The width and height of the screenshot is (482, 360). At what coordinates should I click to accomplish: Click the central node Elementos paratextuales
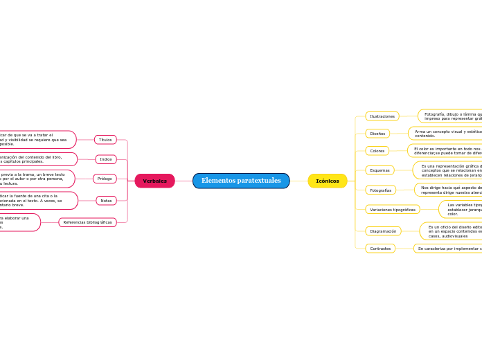tap(241, 181)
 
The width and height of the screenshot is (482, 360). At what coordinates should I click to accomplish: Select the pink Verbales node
tap(154, 181)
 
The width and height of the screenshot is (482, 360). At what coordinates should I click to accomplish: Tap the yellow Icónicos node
tap(328, 181)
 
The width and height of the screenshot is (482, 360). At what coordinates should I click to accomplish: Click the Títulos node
tap(105, 140)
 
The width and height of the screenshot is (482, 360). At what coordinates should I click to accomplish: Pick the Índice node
tap(105, 159)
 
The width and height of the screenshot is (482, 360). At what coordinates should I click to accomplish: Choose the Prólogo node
tap(105, 179)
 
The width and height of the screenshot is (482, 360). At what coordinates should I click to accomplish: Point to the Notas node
tap(106, 201)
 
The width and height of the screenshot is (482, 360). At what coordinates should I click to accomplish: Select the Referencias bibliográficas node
tap(87, 222)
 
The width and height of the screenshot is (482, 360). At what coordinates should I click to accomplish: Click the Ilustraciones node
tap(382, 116)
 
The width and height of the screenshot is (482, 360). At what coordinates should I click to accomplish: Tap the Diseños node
tap(377, 133)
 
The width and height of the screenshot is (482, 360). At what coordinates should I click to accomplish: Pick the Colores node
tap(377, 151)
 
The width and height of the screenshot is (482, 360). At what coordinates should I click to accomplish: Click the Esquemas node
tap(380, 170)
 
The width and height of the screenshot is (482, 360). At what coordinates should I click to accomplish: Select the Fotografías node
tap(380, 190)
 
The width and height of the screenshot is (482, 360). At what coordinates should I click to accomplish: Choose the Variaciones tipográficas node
tap(393, 209)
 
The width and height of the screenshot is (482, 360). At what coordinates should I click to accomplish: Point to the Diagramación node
tap(383, 231)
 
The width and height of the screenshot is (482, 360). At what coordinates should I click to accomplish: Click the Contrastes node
tap(380, 248)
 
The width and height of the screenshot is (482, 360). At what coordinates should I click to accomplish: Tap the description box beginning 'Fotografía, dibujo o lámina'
tap(450, 116)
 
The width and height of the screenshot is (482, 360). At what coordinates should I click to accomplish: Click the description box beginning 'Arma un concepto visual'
tap(445, 133)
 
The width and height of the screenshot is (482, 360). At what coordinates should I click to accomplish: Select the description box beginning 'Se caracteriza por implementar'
tap(448, 248)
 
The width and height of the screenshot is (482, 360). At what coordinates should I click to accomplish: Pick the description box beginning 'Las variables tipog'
tap(461, 209)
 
